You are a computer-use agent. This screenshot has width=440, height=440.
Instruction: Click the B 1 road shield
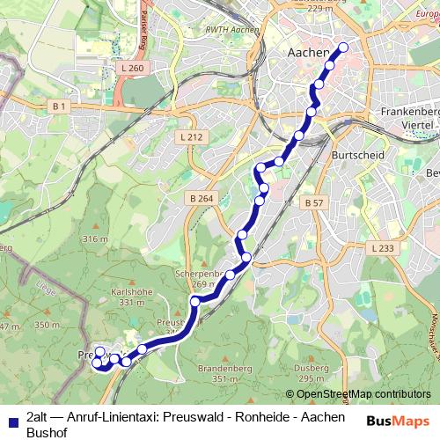click(59, 106)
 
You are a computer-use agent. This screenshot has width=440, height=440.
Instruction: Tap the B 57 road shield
click(313, 202)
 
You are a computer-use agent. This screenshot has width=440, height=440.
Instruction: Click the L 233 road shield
click(383, 249)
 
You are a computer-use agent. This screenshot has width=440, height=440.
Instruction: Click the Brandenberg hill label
click(226, 367)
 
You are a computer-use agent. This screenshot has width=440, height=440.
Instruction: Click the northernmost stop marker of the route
click(342, 48)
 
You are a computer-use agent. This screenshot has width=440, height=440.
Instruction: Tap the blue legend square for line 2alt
click(12, 419)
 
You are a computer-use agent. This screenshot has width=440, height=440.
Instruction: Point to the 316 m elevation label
click(94, 239)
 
